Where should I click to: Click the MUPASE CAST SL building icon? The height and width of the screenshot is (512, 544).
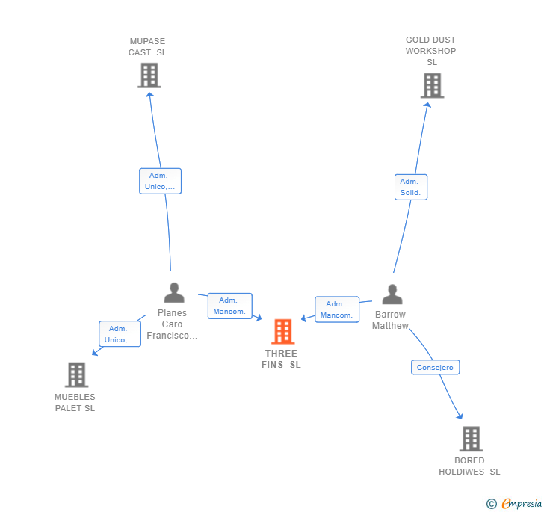click(149, 75)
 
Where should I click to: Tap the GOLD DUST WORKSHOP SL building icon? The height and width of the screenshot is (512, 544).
click(431, 85)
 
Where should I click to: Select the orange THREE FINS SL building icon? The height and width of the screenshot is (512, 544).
click(282, 331)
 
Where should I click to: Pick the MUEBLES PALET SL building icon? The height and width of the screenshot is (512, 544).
click(76, 374)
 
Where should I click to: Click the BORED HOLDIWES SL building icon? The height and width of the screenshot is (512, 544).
click(470, 439)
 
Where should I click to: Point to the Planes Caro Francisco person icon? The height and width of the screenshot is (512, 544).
click(173, 292)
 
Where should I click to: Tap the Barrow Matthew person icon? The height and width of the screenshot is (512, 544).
click(392, 294)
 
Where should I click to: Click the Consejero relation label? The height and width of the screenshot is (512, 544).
click(435, 367)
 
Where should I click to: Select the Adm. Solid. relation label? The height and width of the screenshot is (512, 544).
click(410, 187)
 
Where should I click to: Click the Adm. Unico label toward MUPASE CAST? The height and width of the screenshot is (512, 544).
click(160, 181)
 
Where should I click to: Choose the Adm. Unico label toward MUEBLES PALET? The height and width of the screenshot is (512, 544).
click(120, 333)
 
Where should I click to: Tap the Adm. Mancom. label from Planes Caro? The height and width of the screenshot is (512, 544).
click(229, 306)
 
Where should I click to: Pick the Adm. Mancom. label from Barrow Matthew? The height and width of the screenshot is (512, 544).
click(336, 309)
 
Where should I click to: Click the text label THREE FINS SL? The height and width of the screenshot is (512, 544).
click(281, 359)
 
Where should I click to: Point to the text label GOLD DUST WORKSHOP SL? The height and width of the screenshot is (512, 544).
click(430, 51)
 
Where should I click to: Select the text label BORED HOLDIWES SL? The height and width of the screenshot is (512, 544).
click(469, 466)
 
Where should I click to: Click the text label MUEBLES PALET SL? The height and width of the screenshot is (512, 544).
click(75, 402)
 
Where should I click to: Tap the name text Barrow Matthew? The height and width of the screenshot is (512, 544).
click(391, 320)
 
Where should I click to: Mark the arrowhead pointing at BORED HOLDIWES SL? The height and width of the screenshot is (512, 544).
click(460, 416)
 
